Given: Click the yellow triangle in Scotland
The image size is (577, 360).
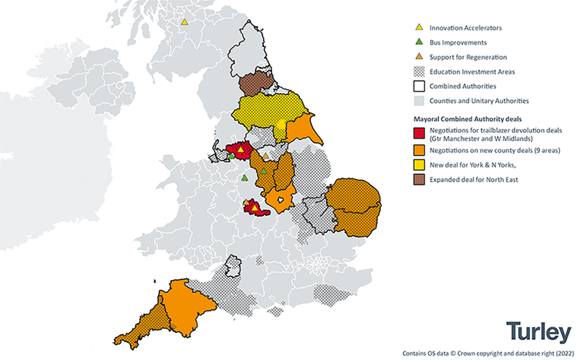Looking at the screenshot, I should (184, 22).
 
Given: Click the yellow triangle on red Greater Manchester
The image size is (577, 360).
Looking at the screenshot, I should (241, 149).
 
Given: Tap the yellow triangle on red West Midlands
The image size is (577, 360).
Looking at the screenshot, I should (253, 207).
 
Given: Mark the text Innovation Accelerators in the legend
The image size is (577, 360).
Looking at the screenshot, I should (465, 27).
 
